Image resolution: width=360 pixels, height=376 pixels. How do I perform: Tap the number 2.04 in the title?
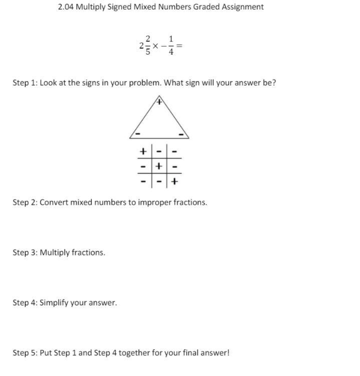[x=66, y=7]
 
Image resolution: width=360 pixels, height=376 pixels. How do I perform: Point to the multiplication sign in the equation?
[x=156, y=46]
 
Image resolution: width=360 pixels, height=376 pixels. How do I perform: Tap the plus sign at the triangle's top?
[x=159, y=102]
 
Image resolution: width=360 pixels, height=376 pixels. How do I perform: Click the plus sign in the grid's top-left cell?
[x=143, y=151]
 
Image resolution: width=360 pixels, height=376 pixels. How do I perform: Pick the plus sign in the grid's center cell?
[x=159, y=166]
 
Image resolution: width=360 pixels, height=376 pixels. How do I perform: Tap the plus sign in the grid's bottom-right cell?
[x=174, y=181]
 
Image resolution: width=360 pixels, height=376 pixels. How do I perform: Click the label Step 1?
[x=25, y=83]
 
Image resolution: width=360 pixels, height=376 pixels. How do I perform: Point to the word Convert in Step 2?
[x=54, y=203]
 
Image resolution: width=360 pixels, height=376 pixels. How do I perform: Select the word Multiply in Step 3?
[x=55, y=253]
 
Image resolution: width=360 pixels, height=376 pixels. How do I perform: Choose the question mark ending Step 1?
[x=274, y=83]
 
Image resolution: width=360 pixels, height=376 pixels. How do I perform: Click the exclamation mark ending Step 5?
[x=228, y=353]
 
